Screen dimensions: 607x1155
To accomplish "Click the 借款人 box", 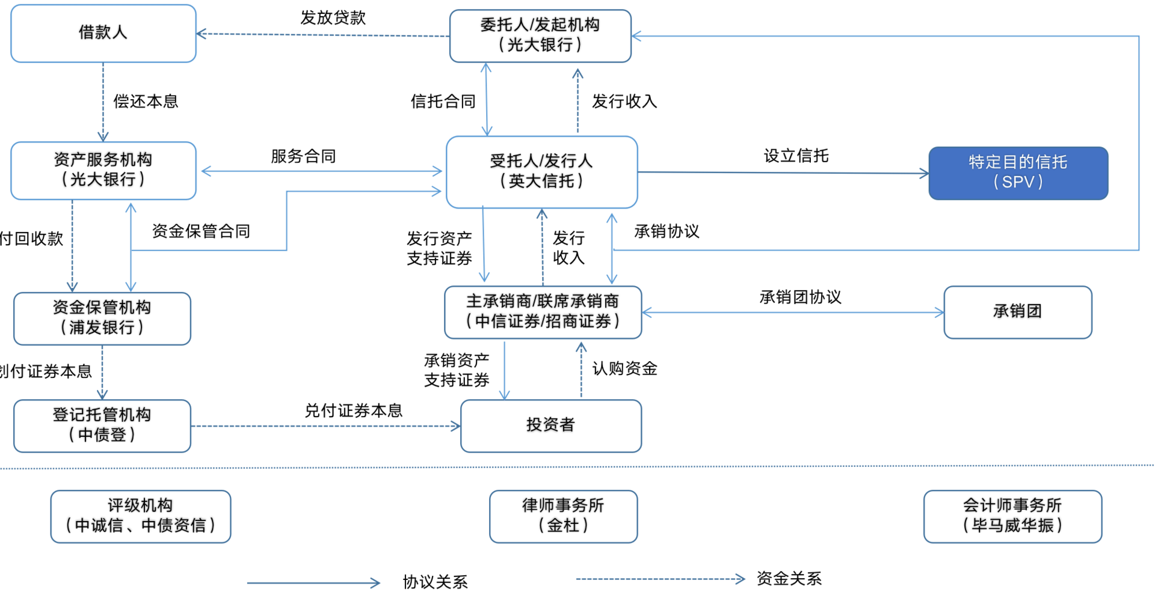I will [103, 33].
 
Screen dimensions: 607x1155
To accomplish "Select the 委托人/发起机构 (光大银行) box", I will [540, 35].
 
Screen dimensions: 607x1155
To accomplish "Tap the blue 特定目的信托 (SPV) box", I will [1018, 173].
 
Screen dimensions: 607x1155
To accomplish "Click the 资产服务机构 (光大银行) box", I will [103, 170].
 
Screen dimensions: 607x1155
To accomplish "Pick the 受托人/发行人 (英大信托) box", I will [541, 172].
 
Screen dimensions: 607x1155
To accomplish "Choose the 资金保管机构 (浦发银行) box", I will [102, 319].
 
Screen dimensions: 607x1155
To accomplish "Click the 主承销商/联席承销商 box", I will [543, 312].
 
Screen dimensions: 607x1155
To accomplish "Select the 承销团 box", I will [1017, 312].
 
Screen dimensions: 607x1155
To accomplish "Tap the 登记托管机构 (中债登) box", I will [102, 426].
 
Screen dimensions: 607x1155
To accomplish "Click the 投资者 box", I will [550, 426].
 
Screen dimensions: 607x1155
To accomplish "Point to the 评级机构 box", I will [141, 516].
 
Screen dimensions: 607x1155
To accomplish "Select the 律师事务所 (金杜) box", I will [563, 516].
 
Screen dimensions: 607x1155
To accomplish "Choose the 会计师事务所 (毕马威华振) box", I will [1012, 516].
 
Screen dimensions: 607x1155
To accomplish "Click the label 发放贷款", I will [333, 18].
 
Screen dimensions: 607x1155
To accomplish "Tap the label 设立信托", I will [796, 156].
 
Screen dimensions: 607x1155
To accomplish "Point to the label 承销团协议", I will [800, 297].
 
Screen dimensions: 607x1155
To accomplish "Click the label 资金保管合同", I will [201, 231].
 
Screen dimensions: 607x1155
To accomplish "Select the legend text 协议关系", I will [435, 582].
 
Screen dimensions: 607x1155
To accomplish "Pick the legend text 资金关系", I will [789, 579].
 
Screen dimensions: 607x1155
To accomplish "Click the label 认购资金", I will [624, 368].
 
